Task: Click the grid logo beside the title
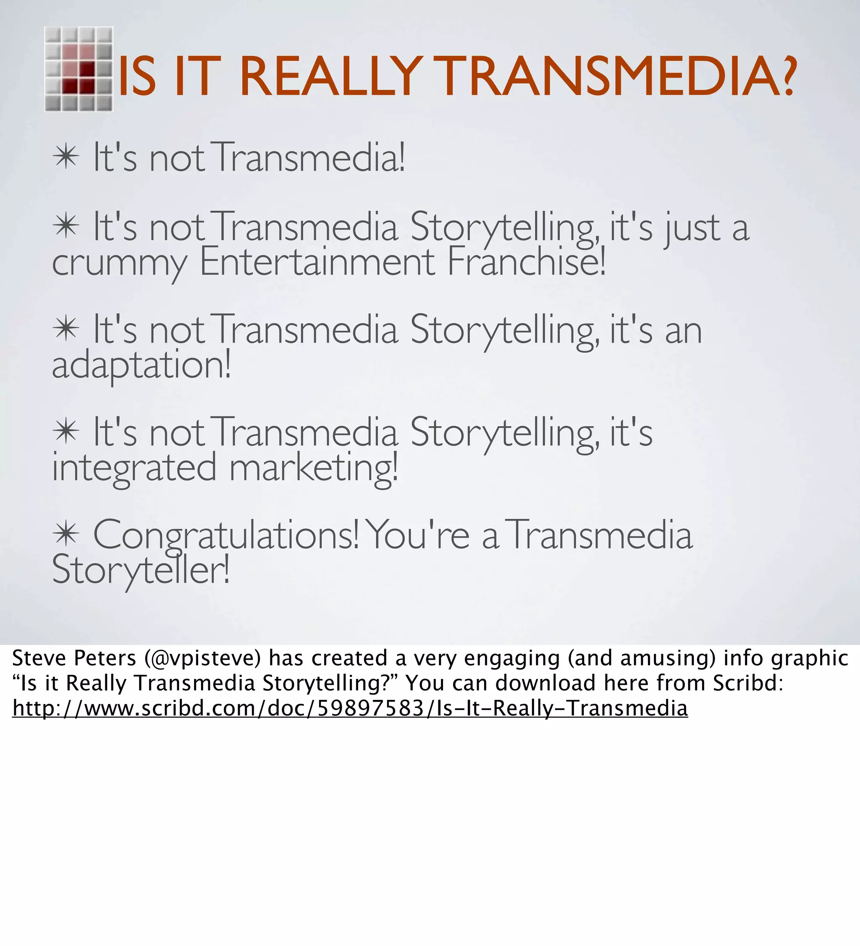pos(79,69)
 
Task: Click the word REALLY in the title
pos(331,76)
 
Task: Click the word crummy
pos(119,263)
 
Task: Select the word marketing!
pos(313,468)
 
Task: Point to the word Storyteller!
pos(141,571)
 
